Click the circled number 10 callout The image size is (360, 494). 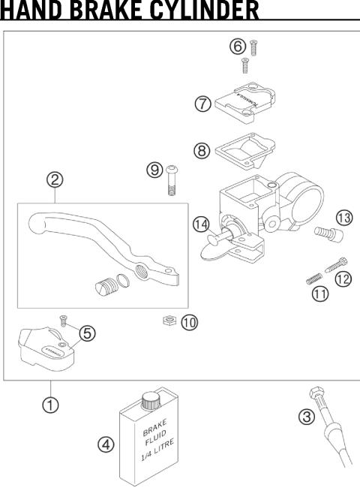[x=190, y=322]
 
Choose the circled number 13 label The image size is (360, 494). [x=343, y=218]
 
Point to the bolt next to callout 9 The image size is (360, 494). [x=172, y=182]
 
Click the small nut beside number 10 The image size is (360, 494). [x=169, y=321]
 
